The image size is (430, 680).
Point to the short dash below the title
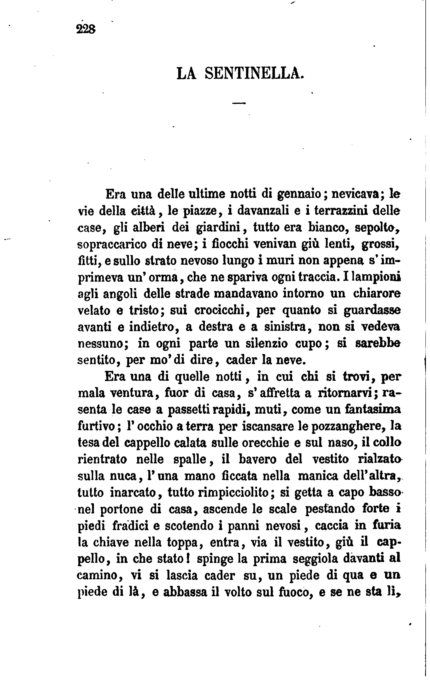239,104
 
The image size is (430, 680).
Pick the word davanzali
262,211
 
